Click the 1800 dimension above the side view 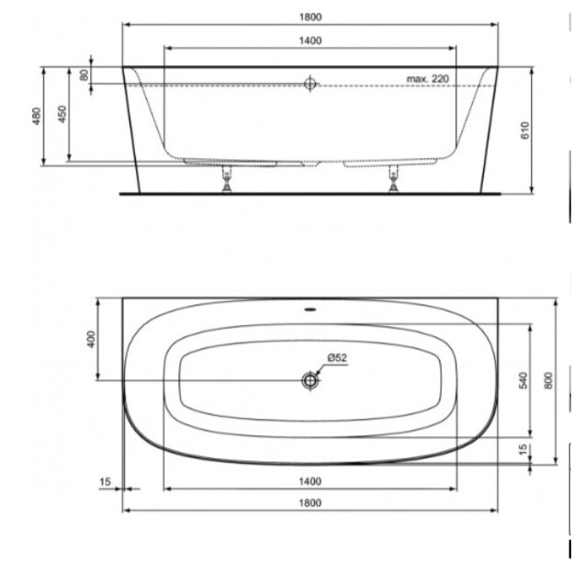[x=310, y=17]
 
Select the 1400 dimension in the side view [x=310, y=40]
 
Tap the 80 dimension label [x=84, y=75]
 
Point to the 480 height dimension [x=37, y=116]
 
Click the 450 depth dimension [x=62, y=114]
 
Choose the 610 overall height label [x=525, y=130]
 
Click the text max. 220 [x=428, y=79]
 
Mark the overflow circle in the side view [x=310, y=84]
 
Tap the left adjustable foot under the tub [x=227, y=179]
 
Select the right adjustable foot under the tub [x=394, y=179]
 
